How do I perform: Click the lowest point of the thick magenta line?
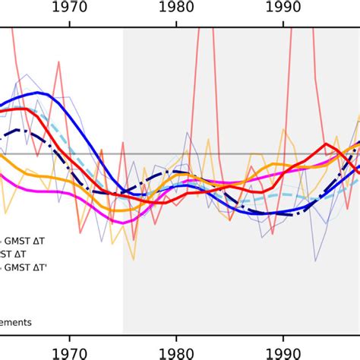[115, 222]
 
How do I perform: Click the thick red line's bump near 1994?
[327, 141]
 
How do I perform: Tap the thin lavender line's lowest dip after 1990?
[316, 261]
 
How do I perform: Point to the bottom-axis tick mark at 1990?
[283, 335]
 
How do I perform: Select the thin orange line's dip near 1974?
[112, 244]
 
